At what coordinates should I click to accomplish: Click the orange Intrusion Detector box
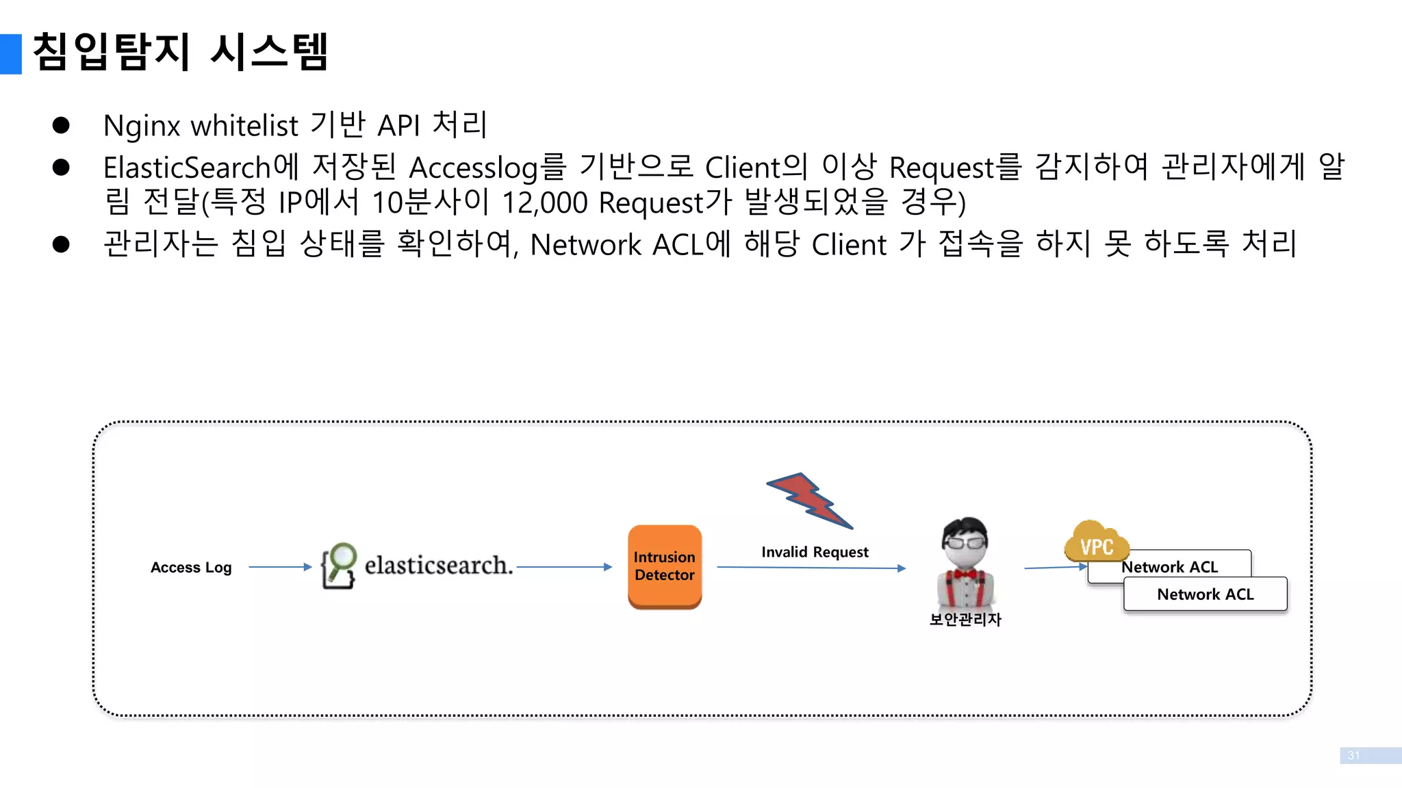(664, 566)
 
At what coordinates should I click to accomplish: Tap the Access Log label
(191, 567)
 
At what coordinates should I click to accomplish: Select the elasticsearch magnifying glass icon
(339, 565)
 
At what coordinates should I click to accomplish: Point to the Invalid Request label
(815, 552)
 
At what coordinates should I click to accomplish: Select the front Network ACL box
(1205, 594)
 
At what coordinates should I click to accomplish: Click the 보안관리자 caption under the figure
(965, 619)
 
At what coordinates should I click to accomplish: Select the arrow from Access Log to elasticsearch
(279, 566)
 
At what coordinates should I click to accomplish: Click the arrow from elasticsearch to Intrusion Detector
(564, 566)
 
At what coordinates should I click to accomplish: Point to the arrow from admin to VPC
(1054, 567)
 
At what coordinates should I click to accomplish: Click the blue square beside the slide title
(11, 54)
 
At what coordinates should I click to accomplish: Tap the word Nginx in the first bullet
(141, 127)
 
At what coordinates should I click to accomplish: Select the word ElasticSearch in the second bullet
(186, 168)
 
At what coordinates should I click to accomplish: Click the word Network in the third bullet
(585, 245)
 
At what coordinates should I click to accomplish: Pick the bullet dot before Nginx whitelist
(61, 125)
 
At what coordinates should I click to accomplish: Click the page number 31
(1353, 755)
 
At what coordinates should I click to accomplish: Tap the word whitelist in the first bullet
(244, 126)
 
